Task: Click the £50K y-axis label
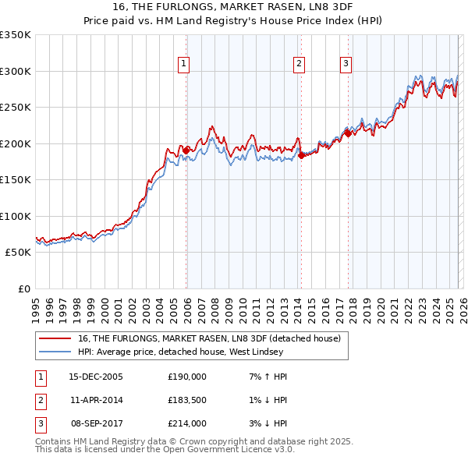18,253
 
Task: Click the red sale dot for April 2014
301,155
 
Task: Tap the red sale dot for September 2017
349,133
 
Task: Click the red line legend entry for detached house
209,339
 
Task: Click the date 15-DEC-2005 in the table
96,377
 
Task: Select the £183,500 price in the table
187,400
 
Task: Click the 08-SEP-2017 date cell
96,423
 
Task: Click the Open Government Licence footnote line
165,450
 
